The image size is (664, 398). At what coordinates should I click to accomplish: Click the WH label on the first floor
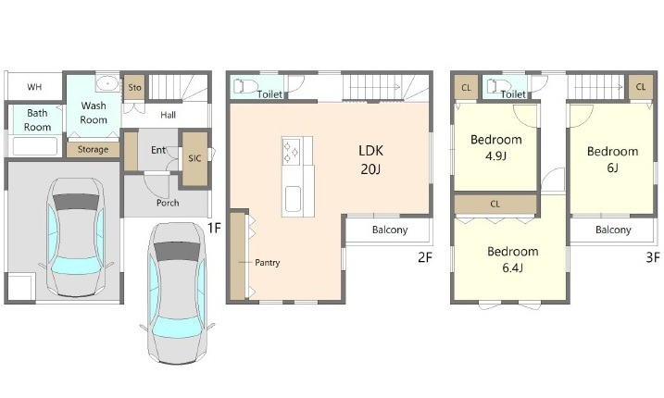[34, 87]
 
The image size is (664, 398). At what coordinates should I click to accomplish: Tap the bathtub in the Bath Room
[34, 146]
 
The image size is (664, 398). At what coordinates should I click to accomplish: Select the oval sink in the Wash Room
[107, 83]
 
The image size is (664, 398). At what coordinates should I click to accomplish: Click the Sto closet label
[134, 88]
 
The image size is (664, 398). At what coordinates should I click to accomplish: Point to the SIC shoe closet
[194, 158]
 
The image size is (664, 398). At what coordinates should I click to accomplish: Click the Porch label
[168, 203]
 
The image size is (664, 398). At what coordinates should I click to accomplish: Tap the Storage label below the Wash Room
[93, 149]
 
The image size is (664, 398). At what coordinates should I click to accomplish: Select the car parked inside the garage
[75, 237]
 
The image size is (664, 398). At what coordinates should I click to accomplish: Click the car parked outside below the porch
[178, 293]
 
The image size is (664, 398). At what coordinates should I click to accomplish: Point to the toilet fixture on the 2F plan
[245, 86]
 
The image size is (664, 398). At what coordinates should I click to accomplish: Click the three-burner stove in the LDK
[292, 152]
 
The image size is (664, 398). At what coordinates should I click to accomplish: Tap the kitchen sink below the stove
[293, 199]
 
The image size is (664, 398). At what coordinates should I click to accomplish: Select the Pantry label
[268, 263]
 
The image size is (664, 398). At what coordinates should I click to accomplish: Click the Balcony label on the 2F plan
[390, 230]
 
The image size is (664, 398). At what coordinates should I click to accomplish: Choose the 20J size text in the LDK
[370, 169]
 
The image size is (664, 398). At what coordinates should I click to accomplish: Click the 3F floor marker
[653, 257]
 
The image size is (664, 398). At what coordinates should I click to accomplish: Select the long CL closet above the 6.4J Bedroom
[495, 204]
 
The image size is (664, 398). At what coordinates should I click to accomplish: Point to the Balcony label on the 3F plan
[613, 230]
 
